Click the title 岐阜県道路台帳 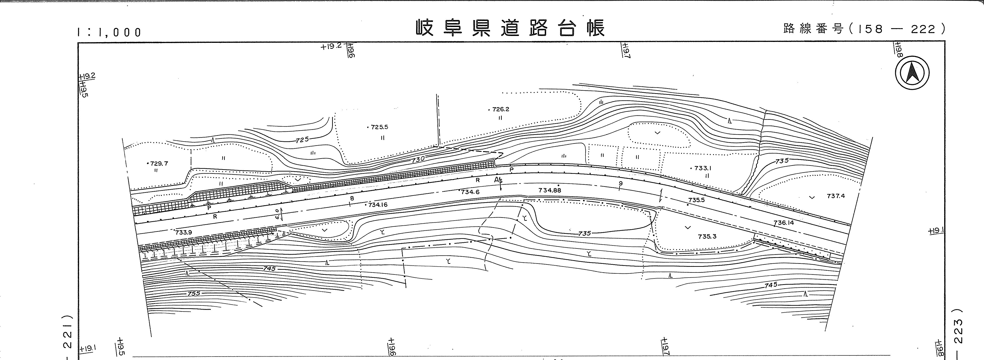(x=510, y=28)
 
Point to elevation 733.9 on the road (x=184, y=232)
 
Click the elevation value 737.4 (x=836, y=196)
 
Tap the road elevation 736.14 (x=784, y=222)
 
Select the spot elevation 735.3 (x=707, y=237)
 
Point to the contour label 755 (x=194, y=294)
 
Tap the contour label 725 (x=302, y=140)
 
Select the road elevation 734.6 (x=470, y=192)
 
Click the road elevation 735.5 (x=696, y=200)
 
